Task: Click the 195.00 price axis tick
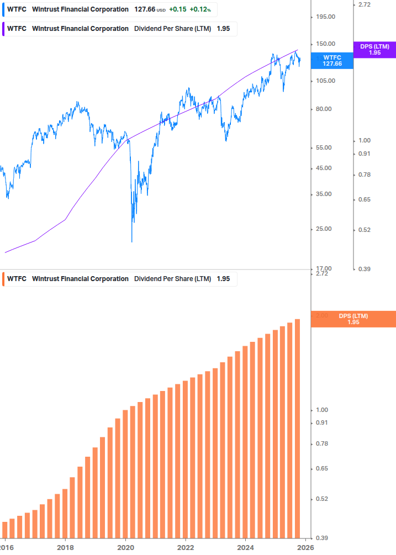(325, 17)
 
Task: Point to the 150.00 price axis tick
(325, 44)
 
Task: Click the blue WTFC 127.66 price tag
(332, 61)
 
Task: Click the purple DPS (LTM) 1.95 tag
(374, 50)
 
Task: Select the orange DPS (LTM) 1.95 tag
(353, 319)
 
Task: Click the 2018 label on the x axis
(65, 547)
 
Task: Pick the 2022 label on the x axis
(186, 547)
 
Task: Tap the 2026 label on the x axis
(305, 547)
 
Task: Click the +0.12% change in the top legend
(202, 9)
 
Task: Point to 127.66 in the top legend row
(144, 9)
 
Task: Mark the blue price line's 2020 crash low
(132, 241)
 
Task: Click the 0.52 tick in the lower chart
(321, 499)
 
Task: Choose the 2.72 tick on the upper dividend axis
(365, 4)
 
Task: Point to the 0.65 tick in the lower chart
(321, 468)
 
